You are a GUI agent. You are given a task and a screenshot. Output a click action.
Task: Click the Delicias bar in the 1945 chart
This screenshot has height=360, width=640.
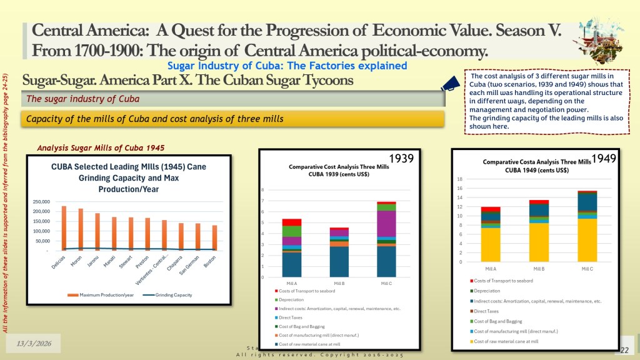pos(64,227)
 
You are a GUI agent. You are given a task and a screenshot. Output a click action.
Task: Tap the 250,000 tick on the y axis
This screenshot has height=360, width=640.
pos(46,202)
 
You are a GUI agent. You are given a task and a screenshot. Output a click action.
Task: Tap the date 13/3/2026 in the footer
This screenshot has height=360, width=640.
pos(34,343)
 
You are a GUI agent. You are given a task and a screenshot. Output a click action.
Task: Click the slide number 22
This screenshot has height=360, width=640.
pos(624,349)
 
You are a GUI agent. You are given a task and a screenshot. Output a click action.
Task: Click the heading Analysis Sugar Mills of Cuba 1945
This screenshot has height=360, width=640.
pos(101,148)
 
